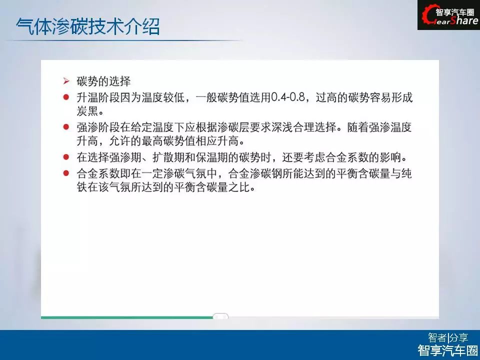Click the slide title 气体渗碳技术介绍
coord(88,26)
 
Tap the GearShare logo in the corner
coord(449,15)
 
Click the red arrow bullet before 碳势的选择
coord(66,81)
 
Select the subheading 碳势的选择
coord(103,81)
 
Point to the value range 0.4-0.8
coord(288,97)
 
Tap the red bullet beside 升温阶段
coord(66,97)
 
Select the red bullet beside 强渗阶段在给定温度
coord(66,126)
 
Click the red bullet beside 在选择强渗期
coord(66,157)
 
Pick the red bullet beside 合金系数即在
coord(66,173)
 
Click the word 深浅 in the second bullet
coord(282,127)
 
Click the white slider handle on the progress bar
coord(220,316)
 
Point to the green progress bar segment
coord(127,317)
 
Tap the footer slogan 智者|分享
coord(448,337)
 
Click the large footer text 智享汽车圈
coord(448,350)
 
